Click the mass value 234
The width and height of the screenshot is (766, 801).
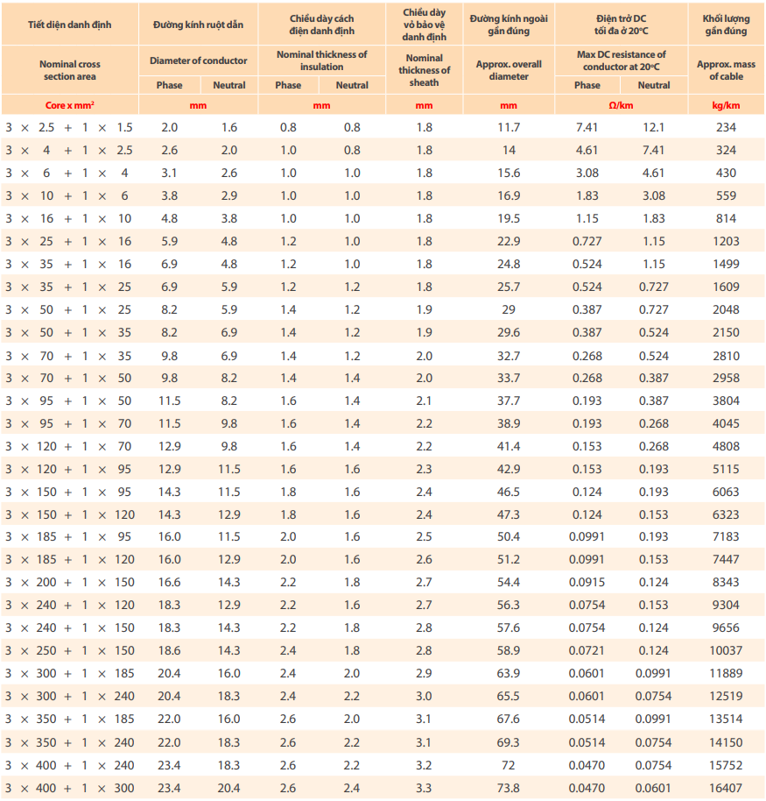click(726, 127)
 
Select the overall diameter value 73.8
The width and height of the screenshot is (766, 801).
click(509, 788)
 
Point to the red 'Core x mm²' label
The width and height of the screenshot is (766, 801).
click(70, 103)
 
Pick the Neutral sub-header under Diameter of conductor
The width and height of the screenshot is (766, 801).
click(229, 85)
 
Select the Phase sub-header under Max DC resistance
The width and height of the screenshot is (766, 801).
click(587, 85)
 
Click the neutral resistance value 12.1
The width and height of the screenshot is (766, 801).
click(654, 127)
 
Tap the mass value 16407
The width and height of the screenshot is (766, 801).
click(726, 788)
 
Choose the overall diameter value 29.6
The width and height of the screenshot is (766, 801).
click(509, 332)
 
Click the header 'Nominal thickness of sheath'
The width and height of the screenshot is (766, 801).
click(424, 70)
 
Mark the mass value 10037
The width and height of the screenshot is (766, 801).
click(726, 651)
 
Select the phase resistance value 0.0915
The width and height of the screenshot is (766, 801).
click(587, 583)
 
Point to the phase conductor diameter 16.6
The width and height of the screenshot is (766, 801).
click(170, 583)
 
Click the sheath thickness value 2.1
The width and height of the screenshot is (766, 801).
click(424, 400)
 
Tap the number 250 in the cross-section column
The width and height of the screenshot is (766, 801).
click(46, 651)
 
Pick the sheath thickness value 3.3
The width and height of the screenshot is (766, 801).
click(424, 788)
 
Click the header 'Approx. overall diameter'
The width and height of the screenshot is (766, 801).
click(509, 70)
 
